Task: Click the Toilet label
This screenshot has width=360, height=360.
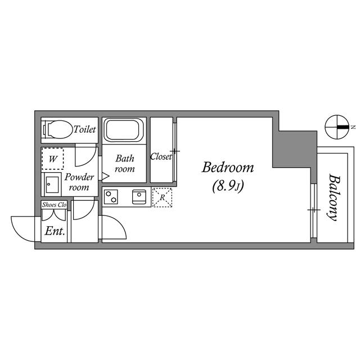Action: point(84,129)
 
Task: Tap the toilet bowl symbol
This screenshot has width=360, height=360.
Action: point(57,130)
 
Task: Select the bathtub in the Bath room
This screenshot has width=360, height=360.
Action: point(124,130)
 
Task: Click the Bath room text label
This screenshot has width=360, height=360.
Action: point(125,164)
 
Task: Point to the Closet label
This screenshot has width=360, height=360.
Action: point(161,156)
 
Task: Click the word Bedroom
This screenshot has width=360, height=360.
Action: point(228,168)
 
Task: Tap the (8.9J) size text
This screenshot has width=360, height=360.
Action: point(228,186)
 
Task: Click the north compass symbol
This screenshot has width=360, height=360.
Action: point(337,127)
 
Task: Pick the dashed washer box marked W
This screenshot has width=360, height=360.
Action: point(52,159)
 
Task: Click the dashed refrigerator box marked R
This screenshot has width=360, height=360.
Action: point(162,197)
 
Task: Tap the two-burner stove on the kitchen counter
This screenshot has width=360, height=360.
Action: point(111,197)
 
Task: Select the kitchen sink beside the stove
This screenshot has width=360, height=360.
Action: point(139,197)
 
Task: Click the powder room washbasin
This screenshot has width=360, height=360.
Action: point(52,184)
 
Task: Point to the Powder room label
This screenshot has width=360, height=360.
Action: point(79,182)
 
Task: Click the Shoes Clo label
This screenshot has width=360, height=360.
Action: point(54,205)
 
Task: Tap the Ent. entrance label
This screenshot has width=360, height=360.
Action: point(55,231)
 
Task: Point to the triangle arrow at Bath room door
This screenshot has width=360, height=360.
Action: point(105,176)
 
